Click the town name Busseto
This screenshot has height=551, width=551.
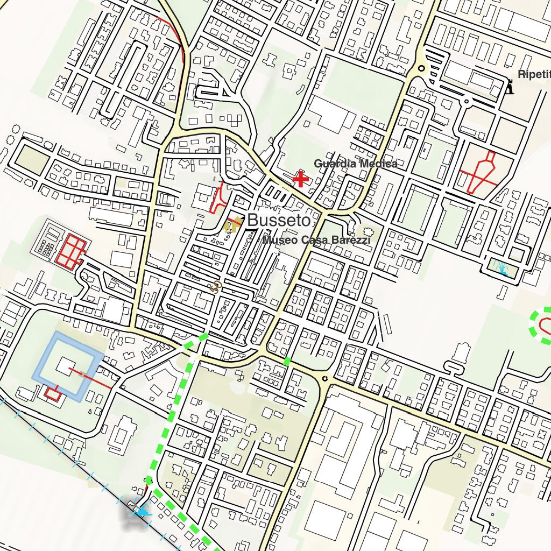coord(279,220)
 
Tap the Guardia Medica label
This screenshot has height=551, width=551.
coord(356,164)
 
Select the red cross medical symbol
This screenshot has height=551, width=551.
coord(300,179)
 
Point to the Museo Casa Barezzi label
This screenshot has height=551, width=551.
coord(316,240)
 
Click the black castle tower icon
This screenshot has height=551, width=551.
coord(509,87)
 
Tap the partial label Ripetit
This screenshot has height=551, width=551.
coord(534,74)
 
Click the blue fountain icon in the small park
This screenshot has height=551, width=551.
coord(502,267)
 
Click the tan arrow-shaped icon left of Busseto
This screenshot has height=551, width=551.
coord(232,225)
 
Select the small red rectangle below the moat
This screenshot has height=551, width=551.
coord(52,393)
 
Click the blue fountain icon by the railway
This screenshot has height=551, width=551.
coord(142,512)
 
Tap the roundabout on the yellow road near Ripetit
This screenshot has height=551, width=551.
coord(421,68)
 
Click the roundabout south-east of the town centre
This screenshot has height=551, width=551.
coord(324,378)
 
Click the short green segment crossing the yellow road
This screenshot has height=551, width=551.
coord(287,361)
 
